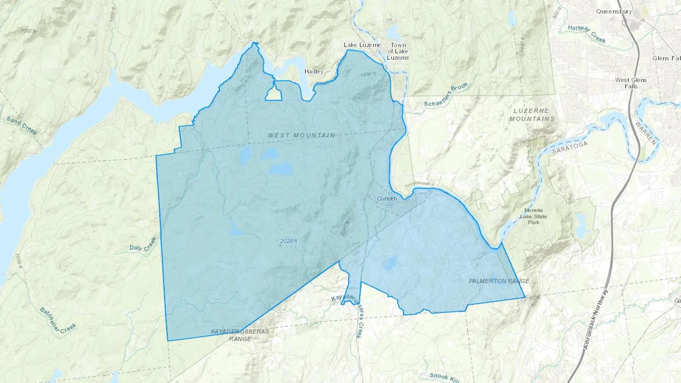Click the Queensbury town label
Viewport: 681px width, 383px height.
pyautogui.click(x=614, y=11)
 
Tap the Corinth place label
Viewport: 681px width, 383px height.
pyautogui.click(x=387, y=198)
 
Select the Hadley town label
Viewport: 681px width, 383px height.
pyautogui.click(x=314, y=71)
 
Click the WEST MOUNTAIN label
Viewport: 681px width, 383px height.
pyautogui.click(x=301, y=135)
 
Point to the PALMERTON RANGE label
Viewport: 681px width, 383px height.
pyautogui.click(x=499, y=281)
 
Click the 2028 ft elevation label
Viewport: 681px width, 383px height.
pyautogui.click(x=289, y=241)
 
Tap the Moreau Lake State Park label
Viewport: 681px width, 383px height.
pyautogui.click(x=533, y=216)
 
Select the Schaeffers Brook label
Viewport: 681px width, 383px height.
pyautogui.click(x=446, y=95)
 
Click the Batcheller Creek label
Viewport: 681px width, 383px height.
pyautogui.click(x=58, y=319)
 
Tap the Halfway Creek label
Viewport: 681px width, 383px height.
pyautogui.click(x=587, y=33)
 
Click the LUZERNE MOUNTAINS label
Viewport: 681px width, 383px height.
pyautogui.click(x=532, y=115)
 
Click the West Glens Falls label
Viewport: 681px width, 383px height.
pyautogui.click(x=631, y=83)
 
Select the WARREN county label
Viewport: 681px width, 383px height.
pyautogui.click(x=647, y=133)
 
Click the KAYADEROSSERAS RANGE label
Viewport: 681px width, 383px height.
pyautogui.click(x=240, y=335)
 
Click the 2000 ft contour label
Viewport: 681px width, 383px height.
pyautogui.click(x=28, y=31)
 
